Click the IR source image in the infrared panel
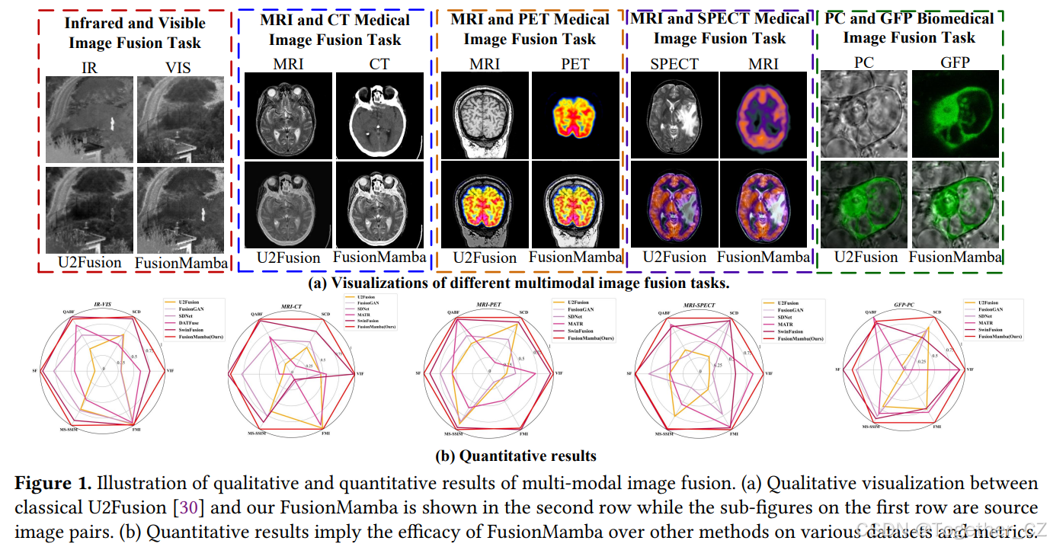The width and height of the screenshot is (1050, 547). pos(89,119)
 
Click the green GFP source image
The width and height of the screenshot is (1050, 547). pos(955,114)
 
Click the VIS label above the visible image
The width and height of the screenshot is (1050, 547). pos(178,68)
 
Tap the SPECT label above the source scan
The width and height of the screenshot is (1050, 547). pos(674,63)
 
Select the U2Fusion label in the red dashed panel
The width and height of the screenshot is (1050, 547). pos(89,263)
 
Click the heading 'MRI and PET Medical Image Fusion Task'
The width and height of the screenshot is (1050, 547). pos(530,28)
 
